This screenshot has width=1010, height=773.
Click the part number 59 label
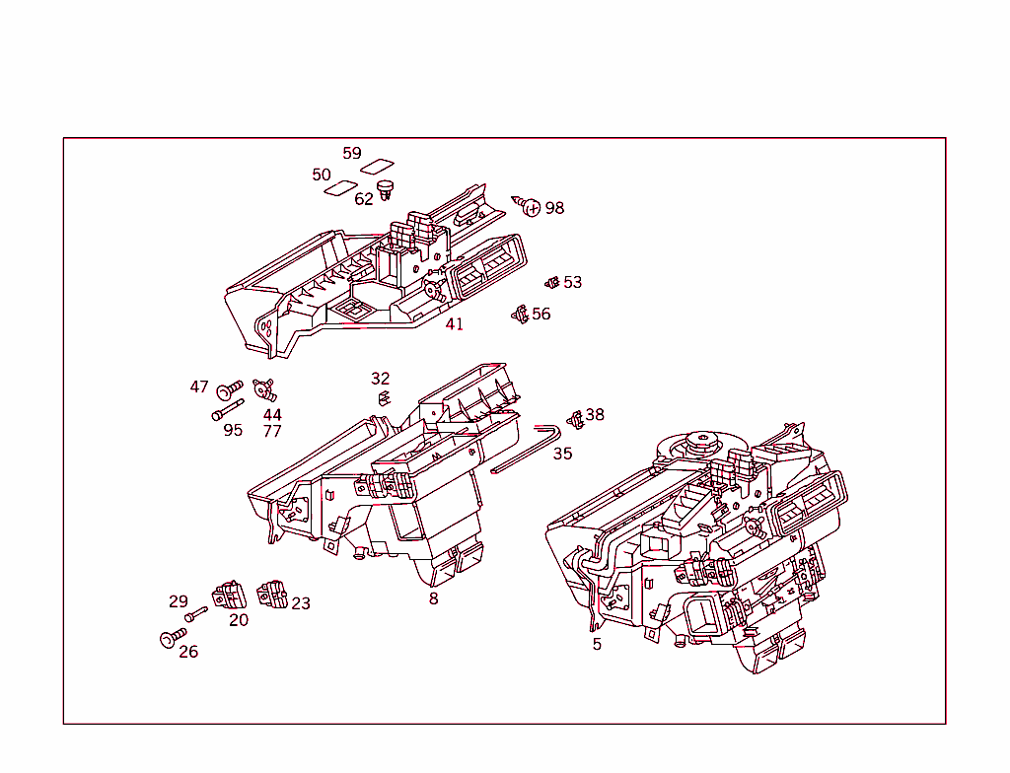(352, 153)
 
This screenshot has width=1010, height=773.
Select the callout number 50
(322, 175)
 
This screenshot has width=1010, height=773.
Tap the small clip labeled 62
(386, 187)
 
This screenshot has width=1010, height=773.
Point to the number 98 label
(555, 208)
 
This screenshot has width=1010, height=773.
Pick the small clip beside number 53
(552, 283)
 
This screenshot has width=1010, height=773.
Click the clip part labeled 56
(520, 315)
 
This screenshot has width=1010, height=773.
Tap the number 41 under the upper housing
(454, 324)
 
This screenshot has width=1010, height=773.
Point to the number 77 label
(272, 432)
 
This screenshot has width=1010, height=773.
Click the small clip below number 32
(383, 398)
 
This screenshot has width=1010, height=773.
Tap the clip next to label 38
(575, 418)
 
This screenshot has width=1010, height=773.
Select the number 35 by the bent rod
(562, 454)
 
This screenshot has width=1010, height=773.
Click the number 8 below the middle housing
(433, 598)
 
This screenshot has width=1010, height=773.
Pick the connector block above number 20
(228, 595)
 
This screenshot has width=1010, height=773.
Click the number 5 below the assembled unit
(597, 644)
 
